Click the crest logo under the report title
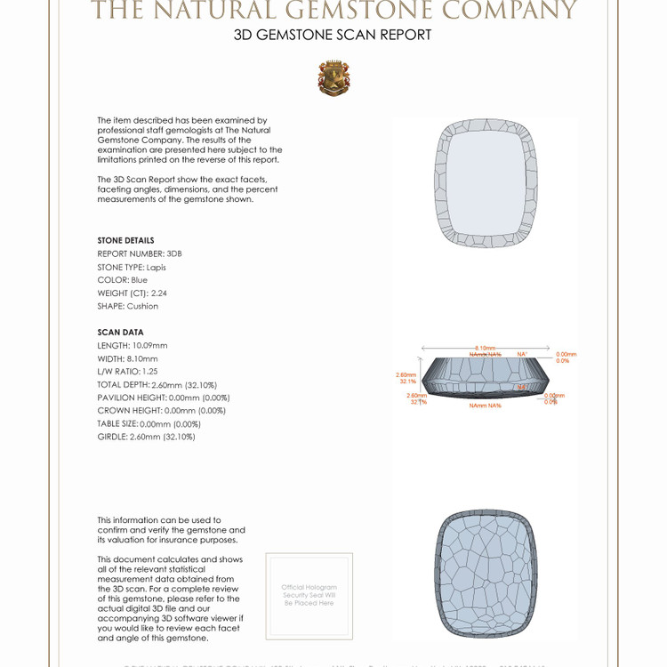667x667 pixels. pos(333,78)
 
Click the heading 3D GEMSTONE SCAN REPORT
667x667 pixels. pos(333,36)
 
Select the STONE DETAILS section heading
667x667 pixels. pos(125,240)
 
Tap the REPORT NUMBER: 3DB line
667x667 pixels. pos(139,253)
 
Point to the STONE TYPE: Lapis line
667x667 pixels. pos(132,267)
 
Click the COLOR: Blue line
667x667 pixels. pos(123,280)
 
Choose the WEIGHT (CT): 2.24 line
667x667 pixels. pos(133,293)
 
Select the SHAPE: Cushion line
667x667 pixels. pos(128,306)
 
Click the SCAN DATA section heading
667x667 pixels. pos(120,333)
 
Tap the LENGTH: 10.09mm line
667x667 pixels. pos(133,345)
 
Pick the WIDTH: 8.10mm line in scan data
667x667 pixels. pos(127,358)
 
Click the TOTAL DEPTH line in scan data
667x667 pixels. pos(157,385)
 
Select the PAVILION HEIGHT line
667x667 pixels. pos(164,398)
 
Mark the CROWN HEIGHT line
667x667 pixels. pos(161,411)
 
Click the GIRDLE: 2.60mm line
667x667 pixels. pos(146,437)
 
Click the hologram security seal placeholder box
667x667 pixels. pos(309,595)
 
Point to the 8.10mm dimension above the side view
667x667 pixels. pos(486,348)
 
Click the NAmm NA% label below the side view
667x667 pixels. pos(486,406)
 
